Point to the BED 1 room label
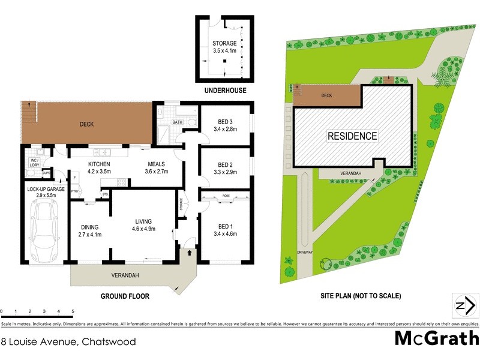(225, 226)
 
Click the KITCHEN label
(99, 164)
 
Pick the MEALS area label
(156, 164)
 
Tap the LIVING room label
(144, 220)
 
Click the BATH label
(177, 122)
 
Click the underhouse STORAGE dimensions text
(224, 52)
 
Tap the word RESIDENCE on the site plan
(352, 136)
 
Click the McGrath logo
(436, 338)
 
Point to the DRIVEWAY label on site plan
(305, 253)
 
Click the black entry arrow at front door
(190, 253)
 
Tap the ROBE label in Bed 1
(226, 196)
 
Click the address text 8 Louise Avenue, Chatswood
(68, 342)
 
